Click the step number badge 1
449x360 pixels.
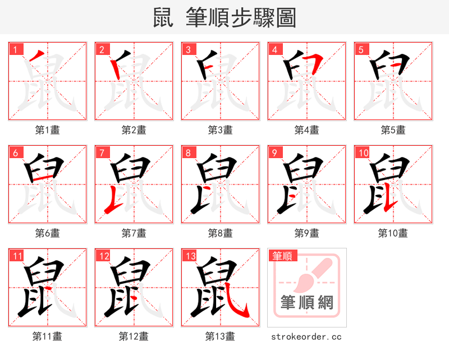pyautogui.click(x=14, y=49)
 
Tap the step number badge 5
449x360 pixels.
pyautogui.click(x=360, y=49)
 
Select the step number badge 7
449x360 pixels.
pyautogui.click(x=100, y=153)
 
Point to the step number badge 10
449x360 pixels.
pyautogui.click(x=362, y=153)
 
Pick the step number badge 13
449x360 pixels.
pyautogui.click(x=189, y=256)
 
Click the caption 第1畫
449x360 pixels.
pyautogui.click(x=47, y=130)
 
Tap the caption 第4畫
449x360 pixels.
pyautogui.click(x=306, y=130)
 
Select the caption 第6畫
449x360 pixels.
pyautogui.click(x=47, y=233)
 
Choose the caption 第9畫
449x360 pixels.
pyautogui.click(x=306, y=233)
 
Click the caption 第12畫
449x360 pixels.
pyautogui.click(x=134, y=336)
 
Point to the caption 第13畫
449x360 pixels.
pyautogui.click(x=220, y=336)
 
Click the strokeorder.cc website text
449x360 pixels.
pyautogui.click(x=306, y=337)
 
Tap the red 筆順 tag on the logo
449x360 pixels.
pyautogui.click(x=281, y=256)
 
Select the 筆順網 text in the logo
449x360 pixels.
pyautogui.click(x=307, y=303)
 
